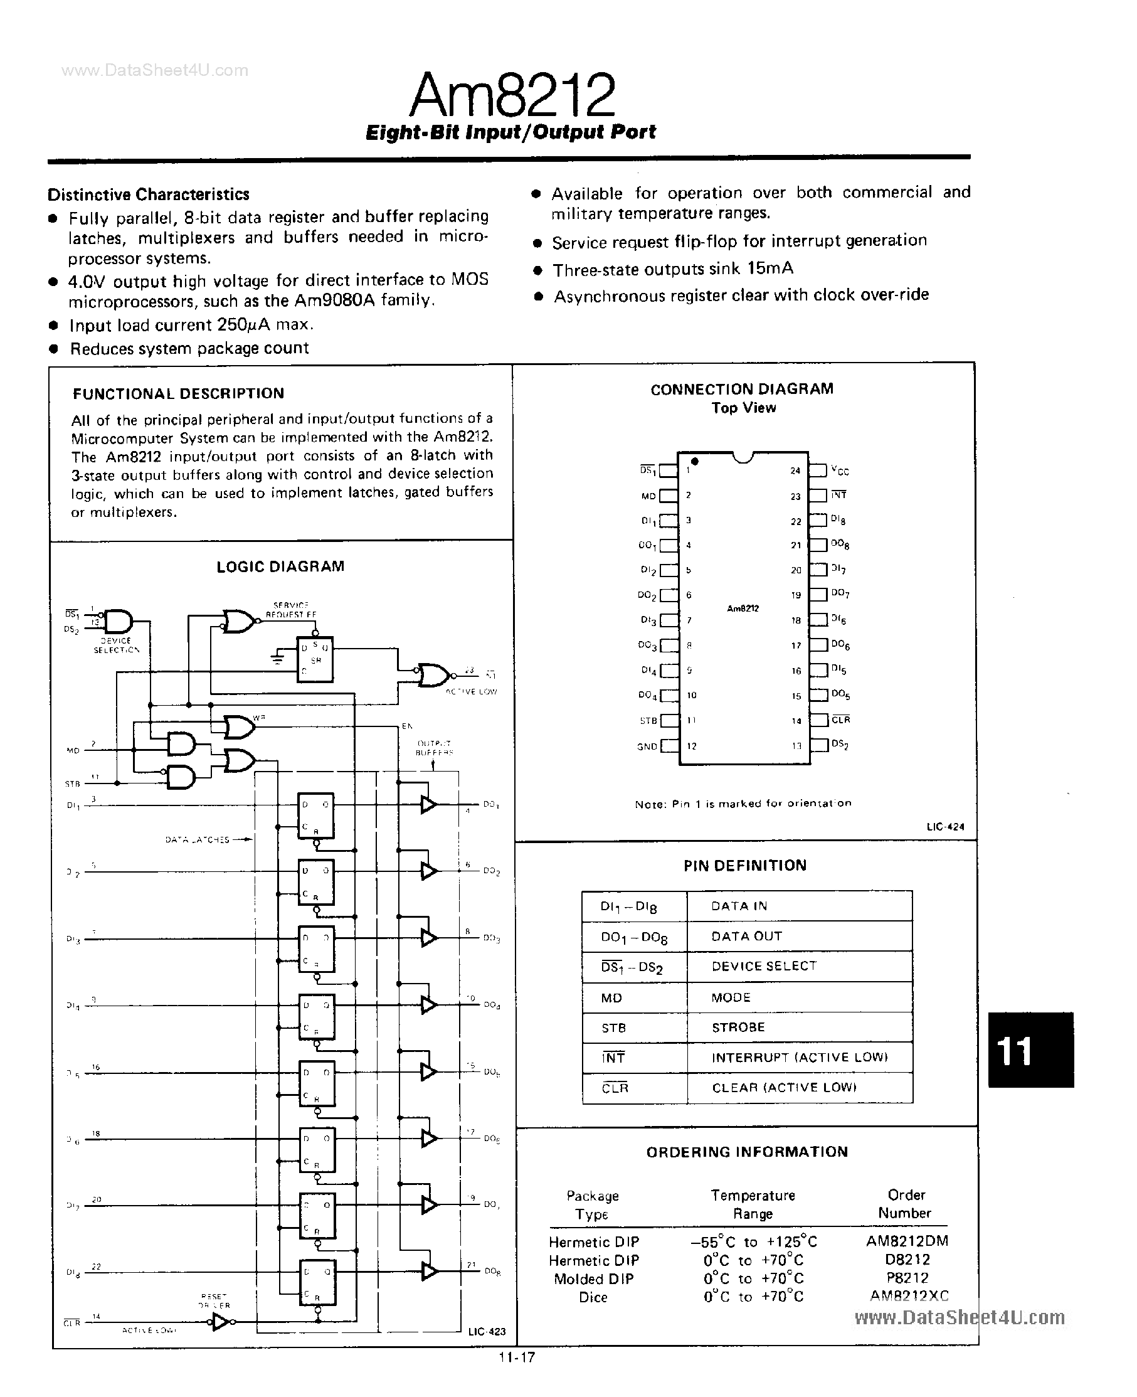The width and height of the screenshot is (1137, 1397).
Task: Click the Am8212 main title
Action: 512,95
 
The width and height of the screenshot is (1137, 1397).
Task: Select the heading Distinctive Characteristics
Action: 149,194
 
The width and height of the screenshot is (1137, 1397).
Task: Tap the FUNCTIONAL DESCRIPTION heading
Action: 178,393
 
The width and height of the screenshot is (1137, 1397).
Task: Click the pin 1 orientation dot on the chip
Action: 695,462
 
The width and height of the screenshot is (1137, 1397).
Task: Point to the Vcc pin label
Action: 839,470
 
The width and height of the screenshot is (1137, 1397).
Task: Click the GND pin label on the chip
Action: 647,746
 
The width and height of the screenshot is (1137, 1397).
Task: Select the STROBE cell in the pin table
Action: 738,1027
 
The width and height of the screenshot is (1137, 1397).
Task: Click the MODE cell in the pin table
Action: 731,997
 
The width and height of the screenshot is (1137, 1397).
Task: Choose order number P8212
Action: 907,1278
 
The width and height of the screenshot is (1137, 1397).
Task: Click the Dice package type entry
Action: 593,1297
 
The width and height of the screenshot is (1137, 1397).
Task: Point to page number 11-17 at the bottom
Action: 517,1357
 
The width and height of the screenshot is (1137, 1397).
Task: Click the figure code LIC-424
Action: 945,827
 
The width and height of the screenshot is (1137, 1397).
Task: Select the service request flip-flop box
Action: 315,659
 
